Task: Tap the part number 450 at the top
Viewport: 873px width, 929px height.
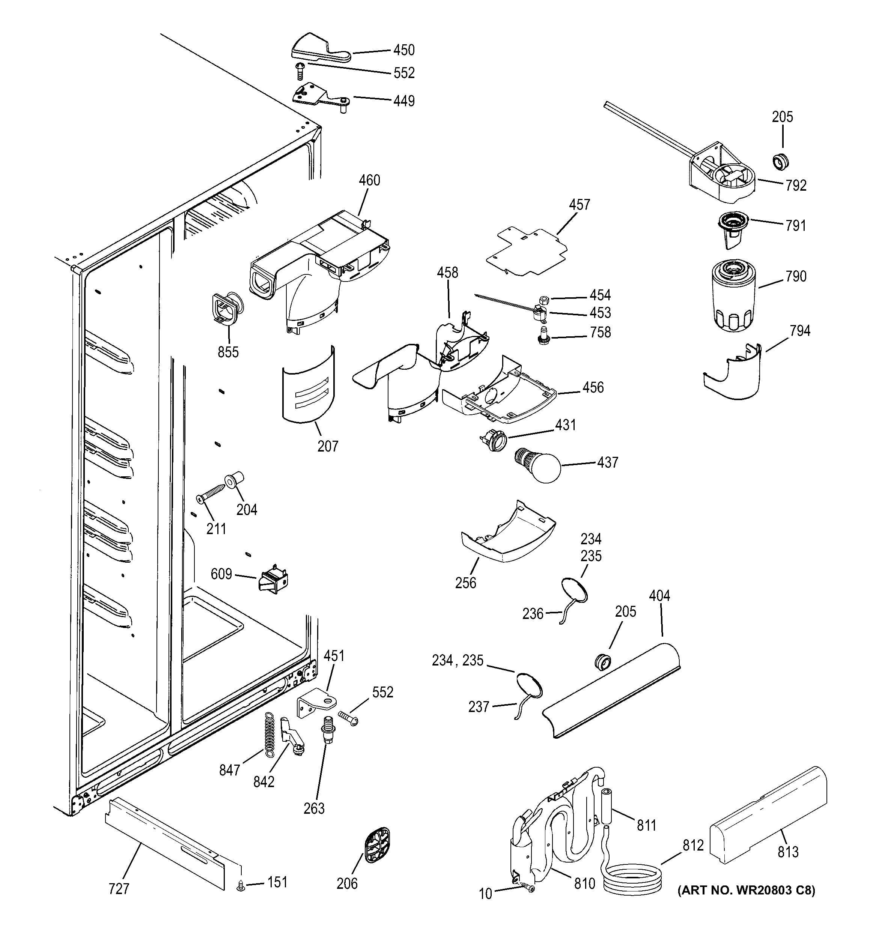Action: pyautogui.click(x=404, y=50)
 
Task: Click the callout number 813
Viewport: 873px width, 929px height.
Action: pyautogui.click(x=788, y=852)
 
